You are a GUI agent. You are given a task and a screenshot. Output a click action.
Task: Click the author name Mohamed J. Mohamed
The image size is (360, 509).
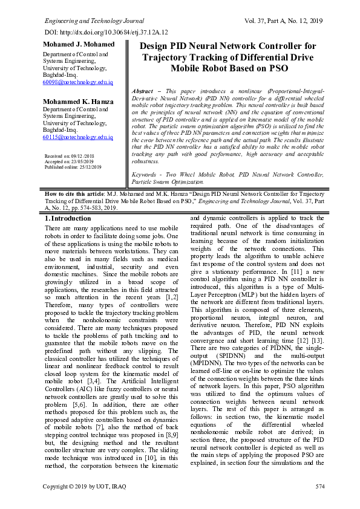pos(78,45)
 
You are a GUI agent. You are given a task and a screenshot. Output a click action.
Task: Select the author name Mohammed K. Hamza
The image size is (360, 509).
pos(78,101)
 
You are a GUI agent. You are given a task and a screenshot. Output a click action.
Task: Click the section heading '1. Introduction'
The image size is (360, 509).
pos(68,218)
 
